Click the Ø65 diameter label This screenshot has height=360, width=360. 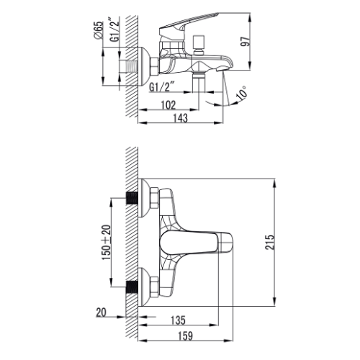click(x=99, y=30)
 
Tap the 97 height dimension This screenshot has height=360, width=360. click(x=246, y=41)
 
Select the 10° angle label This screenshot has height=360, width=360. click(x=242, y=93)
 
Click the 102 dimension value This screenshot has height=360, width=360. click(x=168, y=104)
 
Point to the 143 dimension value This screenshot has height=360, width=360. click(x=181, y=118)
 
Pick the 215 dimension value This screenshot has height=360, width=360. click(x=270, y=243)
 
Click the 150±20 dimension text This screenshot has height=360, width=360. click(x=107, y=242)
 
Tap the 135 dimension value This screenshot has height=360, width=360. click(x=178, y=320)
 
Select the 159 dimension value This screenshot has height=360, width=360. click(x=185, y=336)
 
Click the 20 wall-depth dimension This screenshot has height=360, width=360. click(x=101, y=312)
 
